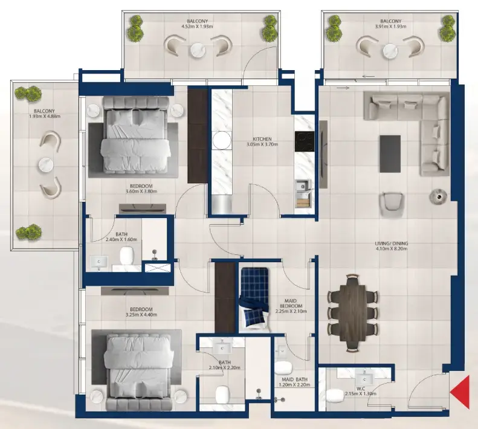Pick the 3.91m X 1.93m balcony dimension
pos(387,27)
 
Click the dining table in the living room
pos(352,312)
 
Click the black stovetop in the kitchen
pos(303,142)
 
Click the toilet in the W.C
pos(335,396)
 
